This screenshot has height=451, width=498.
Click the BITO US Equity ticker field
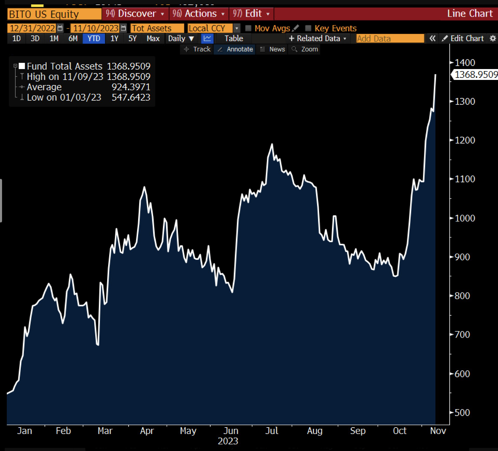(54, 14)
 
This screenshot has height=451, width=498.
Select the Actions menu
(199, 14)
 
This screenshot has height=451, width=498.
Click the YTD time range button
(94, 38)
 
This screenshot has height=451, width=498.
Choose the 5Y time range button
(132, 38)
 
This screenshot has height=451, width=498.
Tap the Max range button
(153, 38)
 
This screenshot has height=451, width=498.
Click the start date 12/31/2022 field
(32, 28)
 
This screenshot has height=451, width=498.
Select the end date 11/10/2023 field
(96, 28)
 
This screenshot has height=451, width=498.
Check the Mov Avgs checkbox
(248, 28)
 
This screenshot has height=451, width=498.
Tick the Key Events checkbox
(308, 28)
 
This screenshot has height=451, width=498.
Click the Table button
(234, 38)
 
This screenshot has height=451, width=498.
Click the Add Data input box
(390, 38)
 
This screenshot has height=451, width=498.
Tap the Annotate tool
(236, 49)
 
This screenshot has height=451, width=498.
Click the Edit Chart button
(463, 38)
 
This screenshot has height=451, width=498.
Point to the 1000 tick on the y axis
(465, 218)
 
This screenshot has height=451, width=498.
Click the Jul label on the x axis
(271, 431)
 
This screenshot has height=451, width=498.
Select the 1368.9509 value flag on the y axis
(476, 74)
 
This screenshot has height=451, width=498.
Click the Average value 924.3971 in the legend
(131, 87)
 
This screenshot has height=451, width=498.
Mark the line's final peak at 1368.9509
(435, 74)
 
